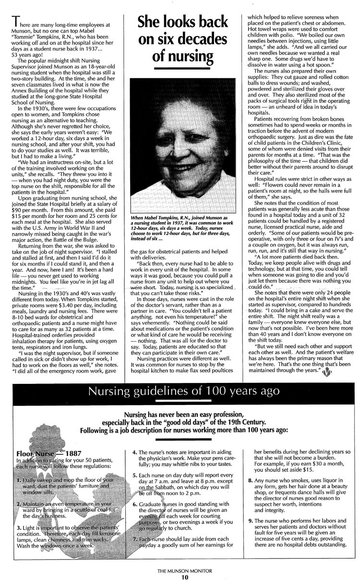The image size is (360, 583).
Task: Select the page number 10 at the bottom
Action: pos(180,577)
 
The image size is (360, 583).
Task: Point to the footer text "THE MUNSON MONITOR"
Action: pos(180,571)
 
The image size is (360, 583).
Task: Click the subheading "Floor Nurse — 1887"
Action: pos(42,453)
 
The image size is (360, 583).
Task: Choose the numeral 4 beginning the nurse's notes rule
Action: pos(134,452)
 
